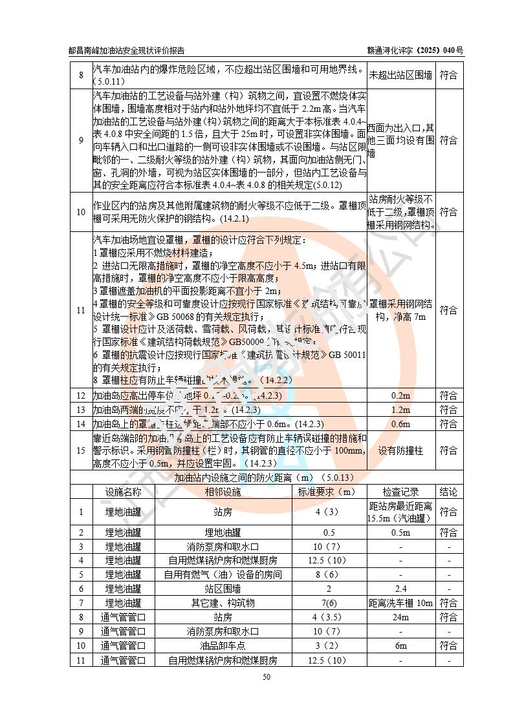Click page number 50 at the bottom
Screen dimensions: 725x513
point(266,677)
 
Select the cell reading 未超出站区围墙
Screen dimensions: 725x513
point(400,75)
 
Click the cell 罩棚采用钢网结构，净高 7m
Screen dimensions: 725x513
point(400,310)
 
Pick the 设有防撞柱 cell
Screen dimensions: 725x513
point(400,451)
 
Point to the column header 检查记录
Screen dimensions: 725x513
point(400,492)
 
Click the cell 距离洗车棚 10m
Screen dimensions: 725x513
point(400,603)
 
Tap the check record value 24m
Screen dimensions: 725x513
point(400,617)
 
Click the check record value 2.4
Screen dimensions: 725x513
point(400,589)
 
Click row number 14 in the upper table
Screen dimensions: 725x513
point(81,424)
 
